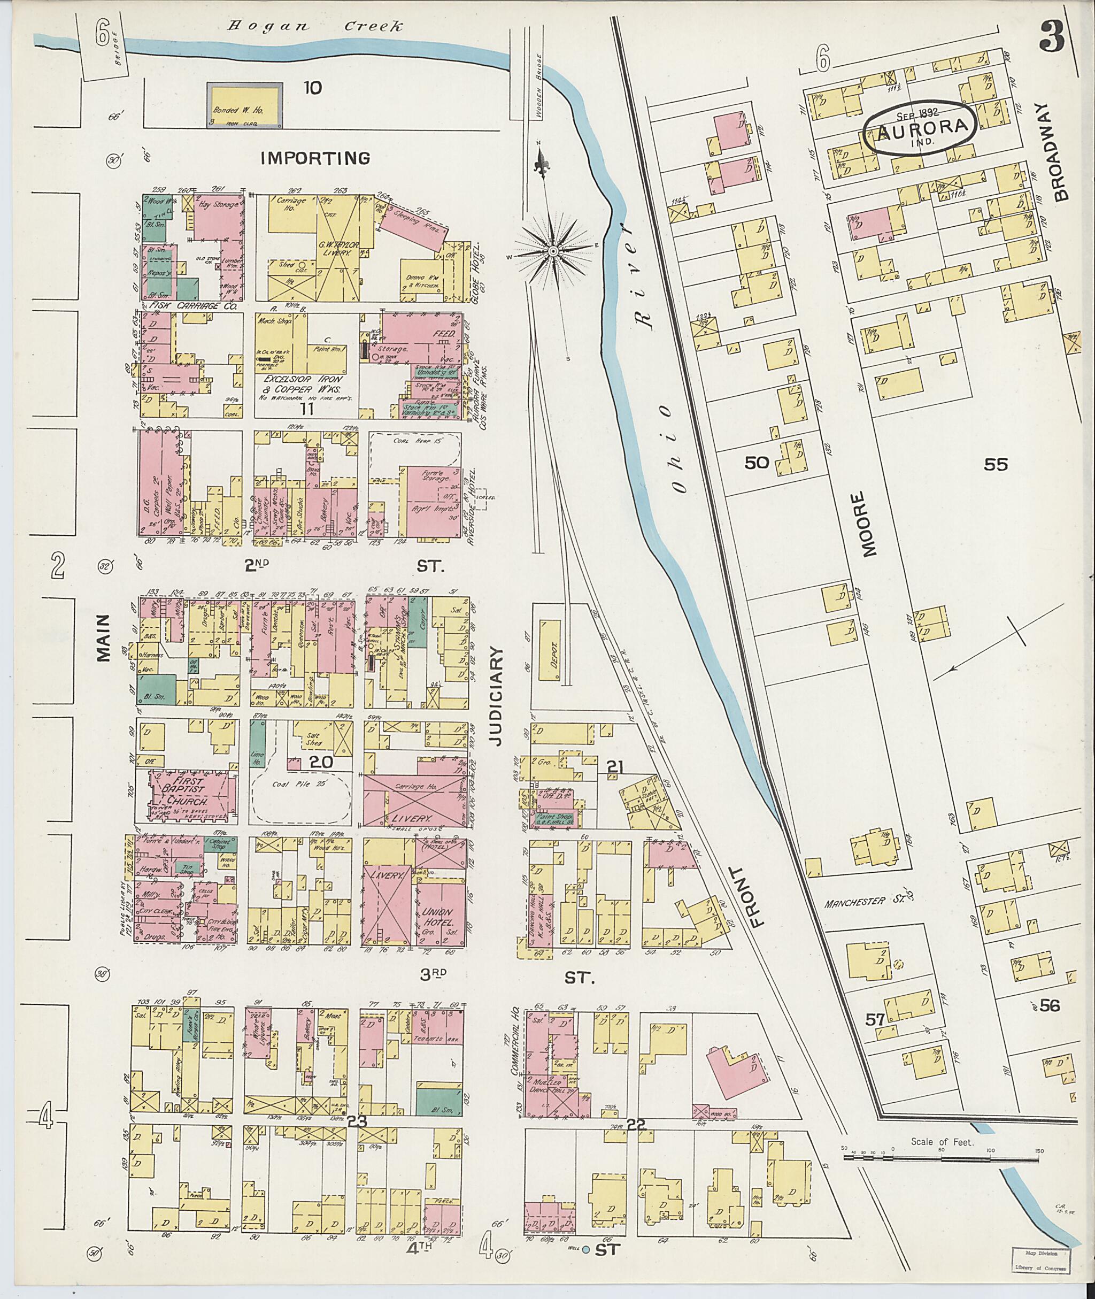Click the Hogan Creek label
pos(316,27)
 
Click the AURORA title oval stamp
pos(922,127)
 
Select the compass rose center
pos(552,251)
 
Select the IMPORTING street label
pos(315,158)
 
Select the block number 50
pos(757,462)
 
